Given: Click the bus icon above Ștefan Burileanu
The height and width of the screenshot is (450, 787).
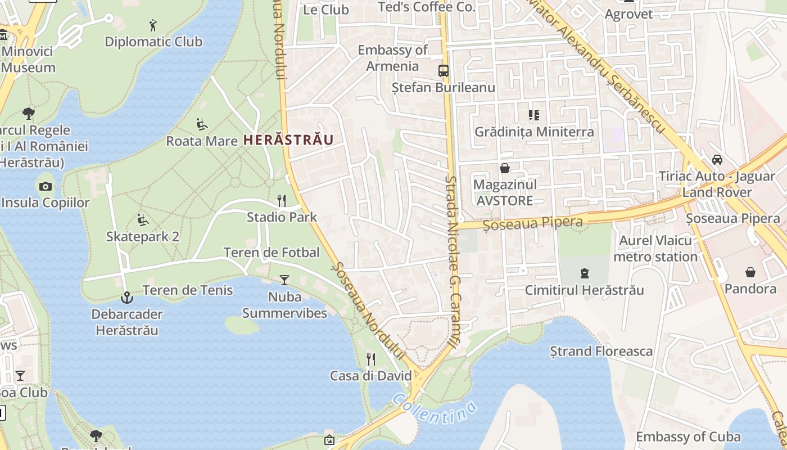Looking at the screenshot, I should tap(444, 71).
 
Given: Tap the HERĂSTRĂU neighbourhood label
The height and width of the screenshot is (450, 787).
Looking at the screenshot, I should tap(288, 140).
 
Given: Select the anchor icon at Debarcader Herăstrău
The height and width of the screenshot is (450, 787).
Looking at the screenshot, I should tap(127, 296).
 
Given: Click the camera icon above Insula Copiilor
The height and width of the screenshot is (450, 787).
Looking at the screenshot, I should tap(46, 186).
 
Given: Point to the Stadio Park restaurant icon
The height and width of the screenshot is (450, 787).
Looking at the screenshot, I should tap(282, 200).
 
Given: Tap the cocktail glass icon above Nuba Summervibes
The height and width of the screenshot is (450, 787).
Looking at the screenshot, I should tap(284, 280).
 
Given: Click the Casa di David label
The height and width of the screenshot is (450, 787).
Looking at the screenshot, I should tap(371, 376).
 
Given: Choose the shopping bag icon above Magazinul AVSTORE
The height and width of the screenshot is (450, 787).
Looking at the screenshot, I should tap(504, 168).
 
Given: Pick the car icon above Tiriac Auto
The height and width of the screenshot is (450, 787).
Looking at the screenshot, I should tap(717, 160).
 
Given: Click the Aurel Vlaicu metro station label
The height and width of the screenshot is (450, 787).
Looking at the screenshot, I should tap(655, 249).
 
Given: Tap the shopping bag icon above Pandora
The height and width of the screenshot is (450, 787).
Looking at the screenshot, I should tap(750, 273).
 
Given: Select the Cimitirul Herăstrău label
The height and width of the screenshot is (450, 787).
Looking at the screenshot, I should tap(585, 290).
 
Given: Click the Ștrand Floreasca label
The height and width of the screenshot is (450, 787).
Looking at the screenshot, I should tap(601, 352).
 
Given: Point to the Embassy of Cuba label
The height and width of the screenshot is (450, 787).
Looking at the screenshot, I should tap(688, 436).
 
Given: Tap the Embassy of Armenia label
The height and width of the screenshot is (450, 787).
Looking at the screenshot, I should tap(392, 58).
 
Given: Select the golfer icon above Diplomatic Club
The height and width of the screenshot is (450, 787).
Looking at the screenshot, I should tap(153, 25).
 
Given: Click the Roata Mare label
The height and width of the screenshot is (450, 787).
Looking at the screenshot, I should tap(202, 141).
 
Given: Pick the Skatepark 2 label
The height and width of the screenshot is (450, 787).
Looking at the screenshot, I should tap(143, 237).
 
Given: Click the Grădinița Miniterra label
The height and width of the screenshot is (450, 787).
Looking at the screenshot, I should tap(534, 132).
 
